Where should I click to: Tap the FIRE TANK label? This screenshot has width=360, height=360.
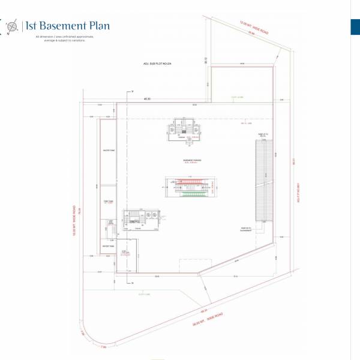108,202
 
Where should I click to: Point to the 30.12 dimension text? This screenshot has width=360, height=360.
205,59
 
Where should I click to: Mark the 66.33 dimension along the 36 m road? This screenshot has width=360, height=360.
204,311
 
